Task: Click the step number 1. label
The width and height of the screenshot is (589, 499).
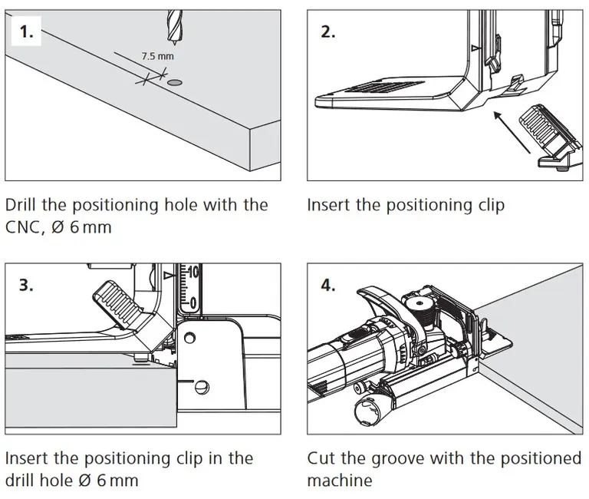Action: point(26,33)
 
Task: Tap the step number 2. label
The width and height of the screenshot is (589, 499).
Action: point(328,33)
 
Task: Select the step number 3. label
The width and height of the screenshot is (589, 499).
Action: point(26,286)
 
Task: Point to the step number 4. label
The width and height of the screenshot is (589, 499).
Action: point(328,286)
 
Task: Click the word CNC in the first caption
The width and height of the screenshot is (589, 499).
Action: point(24,228)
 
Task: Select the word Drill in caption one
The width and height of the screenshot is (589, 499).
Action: point(25,205)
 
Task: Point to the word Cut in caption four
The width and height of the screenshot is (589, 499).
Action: point(321,458)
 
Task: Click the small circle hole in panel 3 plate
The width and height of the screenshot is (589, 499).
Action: point(202,385)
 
